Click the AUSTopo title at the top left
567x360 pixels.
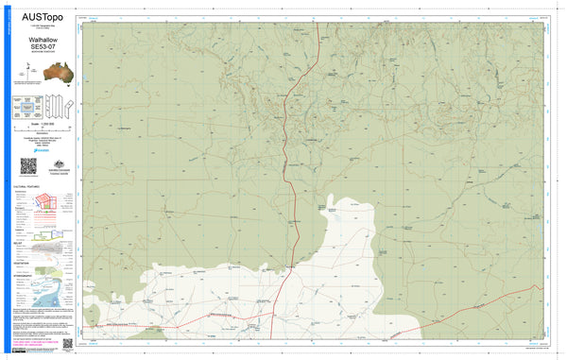click(39, 13)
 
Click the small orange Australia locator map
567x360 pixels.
click(42, 70)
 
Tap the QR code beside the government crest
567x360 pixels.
click(27, 165)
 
